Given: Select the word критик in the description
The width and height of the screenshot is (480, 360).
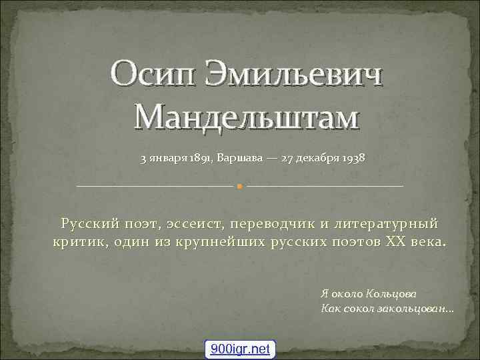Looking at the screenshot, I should coord(75,241).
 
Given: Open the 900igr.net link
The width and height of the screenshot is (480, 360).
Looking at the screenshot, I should coord(239,349).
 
